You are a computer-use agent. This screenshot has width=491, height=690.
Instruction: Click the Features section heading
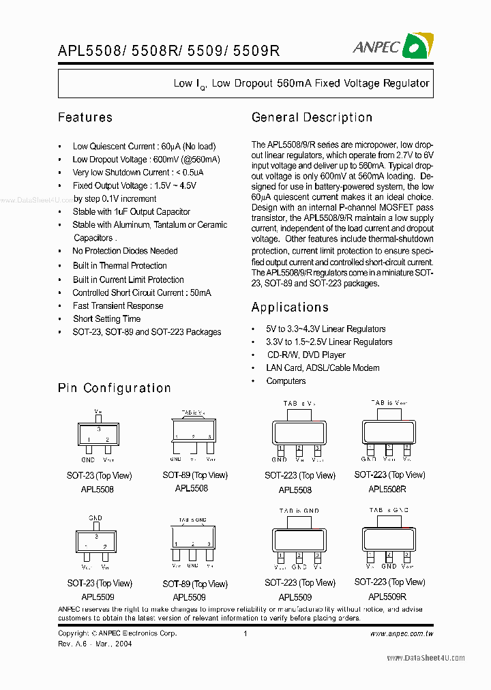click(85, 117)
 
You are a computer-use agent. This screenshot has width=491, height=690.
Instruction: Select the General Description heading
click(312, 117)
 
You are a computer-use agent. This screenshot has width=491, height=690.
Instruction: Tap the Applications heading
click(290, 307)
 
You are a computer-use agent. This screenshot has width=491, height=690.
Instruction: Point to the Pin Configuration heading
click(114, 388)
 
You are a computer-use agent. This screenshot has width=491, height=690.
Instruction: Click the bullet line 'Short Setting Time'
click(106, 318)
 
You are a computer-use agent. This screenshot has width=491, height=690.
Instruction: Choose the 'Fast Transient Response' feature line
click(118, 305)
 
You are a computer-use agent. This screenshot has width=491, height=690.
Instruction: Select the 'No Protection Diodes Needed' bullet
click(125, 251)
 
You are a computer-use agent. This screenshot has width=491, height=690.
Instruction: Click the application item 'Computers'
click(286, 381)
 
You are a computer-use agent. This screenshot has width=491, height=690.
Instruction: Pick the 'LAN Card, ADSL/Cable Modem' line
click(322, 368)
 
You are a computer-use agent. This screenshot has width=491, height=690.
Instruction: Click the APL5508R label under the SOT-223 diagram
click(387, 489)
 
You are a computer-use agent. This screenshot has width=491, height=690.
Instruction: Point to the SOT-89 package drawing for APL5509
click(193, 537)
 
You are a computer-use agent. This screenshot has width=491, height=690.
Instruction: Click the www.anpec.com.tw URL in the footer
click(401, 633)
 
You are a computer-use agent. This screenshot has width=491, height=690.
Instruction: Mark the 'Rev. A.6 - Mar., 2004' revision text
click(95, 644)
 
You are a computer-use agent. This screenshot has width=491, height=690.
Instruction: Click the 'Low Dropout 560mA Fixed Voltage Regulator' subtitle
click(301, 84)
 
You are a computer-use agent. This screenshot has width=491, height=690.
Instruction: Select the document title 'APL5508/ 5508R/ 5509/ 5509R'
click(168, 50)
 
